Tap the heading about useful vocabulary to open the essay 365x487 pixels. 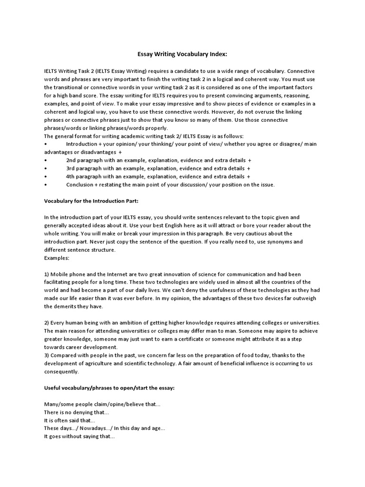pos(109,388)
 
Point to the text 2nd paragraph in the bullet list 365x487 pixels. pos(84,160)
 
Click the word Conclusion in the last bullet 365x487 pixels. pos(80,185)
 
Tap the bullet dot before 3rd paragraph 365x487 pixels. pos(45,168)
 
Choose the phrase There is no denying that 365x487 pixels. pos(76,412)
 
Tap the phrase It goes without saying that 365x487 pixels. pos(79,436)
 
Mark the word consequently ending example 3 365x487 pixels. pos(61,371)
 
